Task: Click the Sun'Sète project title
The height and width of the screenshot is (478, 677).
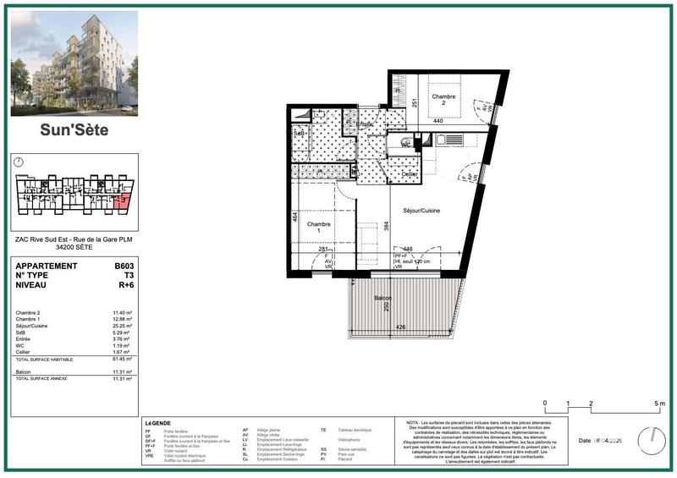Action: (74, 130)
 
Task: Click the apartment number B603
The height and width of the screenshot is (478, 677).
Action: (124, 266)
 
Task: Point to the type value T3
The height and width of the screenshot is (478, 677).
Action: (129, 276)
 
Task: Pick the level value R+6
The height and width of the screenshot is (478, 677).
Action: (126, 286)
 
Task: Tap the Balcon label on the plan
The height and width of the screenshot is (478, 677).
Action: (384, 299)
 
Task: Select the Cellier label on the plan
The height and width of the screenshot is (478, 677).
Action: (410, 174)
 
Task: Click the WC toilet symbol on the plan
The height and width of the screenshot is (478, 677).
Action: (406, 143)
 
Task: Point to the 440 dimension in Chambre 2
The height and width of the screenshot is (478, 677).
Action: (438, 122)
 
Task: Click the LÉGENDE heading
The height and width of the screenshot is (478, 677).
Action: (158, 422)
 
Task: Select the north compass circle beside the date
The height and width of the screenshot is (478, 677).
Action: (652, 439)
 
